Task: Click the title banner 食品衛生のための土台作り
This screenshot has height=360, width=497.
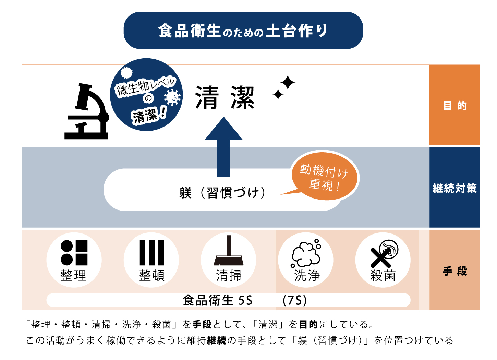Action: (243, 31)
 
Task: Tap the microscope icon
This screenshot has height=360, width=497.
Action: (86, 112)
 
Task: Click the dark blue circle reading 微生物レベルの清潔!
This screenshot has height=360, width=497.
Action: (146, 95)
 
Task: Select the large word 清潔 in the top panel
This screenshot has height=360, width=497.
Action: (225, 98)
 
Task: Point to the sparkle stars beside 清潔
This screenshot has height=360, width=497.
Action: (284, 87)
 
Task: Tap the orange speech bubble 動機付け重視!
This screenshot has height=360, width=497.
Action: (324, 177)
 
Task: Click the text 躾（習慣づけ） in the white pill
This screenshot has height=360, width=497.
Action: (222, 193)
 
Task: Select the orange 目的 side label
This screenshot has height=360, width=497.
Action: (454, 105)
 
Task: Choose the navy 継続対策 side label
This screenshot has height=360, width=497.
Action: (454, 188)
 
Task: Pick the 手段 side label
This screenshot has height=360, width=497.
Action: (454, 271)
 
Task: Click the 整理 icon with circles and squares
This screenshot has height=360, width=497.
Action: (74, 253)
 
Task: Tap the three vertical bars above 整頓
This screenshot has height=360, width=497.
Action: (151, 253)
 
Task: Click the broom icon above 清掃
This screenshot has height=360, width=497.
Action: (229, 252)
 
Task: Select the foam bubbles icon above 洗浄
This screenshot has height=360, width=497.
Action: (306, 254)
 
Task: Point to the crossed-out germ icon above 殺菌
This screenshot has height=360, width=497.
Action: (384, 253)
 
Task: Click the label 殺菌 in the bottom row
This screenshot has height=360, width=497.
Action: (383, 275)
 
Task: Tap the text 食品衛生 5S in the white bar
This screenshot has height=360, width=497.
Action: (217, 300)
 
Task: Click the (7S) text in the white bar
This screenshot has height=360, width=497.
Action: (294, 300)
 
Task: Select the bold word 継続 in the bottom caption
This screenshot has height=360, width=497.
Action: (217, 340)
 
